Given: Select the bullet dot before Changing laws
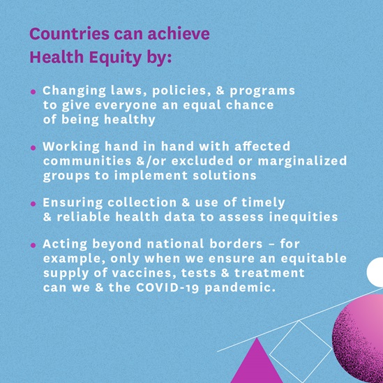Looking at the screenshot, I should [x=33, y=92].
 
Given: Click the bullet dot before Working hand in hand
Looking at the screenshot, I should [x=33, y=148].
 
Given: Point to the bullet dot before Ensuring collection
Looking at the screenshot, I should [x=33, y=204].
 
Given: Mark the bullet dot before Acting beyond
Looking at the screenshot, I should [x=33, y=246].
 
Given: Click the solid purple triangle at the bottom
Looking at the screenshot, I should [x=257, y=363].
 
